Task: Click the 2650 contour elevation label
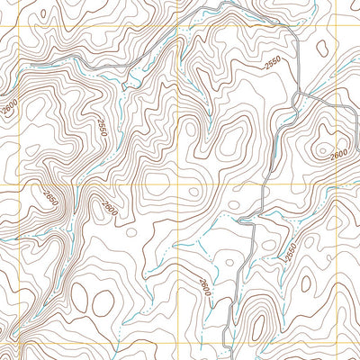point(49,195)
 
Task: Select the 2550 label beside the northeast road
point(274,65)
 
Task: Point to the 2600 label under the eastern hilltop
point(338,154)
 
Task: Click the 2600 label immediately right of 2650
point(110,208)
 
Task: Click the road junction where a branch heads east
point(298,94)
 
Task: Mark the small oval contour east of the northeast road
point(321,51)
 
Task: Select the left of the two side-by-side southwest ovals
point(79,298)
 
